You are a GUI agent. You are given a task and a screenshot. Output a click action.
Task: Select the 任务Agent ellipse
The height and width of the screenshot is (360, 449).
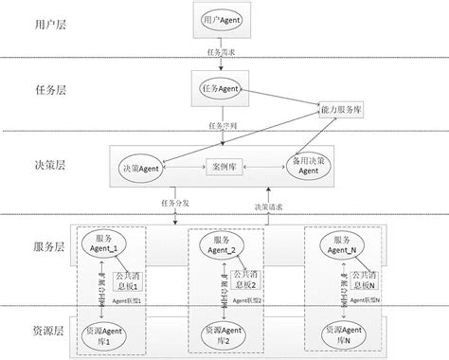point(222,89)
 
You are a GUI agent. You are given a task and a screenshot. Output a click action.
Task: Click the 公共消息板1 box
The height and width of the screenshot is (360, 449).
point(126,280)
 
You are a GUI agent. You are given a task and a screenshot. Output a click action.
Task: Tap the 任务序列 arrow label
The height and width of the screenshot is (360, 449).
point(222,124)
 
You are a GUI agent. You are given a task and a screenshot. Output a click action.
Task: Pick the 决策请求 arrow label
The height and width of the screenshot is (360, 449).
point(268,206)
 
